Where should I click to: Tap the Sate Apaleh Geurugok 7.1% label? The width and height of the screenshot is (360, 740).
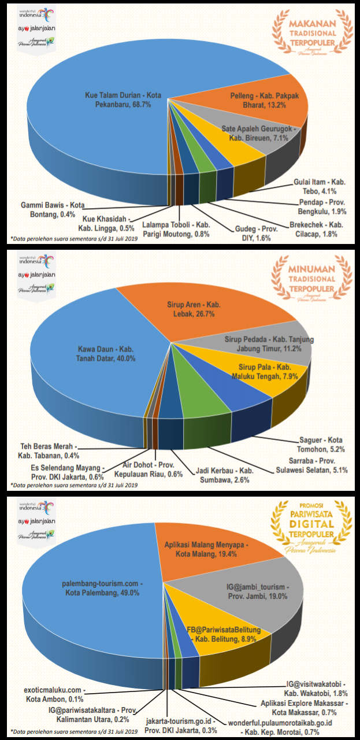pos(260,133)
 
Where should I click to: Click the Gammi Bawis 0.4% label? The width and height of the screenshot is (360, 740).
pos(53,209)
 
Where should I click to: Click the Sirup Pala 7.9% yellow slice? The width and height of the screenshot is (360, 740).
pos(263,372)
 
